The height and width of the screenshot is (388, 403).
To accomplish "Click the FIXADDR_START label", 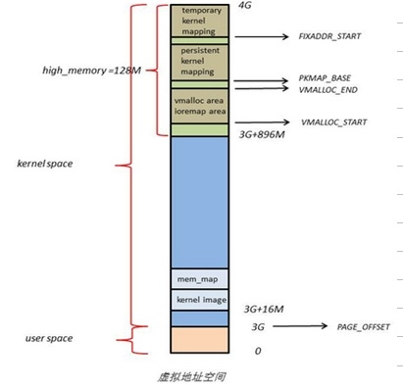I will coord(331,35).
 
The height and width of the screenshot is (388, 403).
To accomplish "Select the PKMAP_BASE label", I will coord(326,77).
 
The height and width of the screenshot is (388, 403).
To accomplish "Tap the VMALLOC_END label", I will coord(328,88).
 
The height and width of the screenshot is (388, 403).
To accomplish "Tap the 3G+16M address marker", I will coord(261,308).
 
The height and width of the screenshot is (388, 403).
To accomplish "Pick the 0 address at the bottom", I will coord(257,351).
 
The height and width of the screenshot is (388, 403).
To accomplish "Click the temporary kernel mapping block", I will coord(199,20).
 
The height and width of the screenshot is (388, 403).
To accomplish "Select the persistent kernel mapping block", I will coord(199,61).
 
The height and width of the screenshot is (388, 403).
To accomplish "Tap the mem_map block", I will coord(199,278).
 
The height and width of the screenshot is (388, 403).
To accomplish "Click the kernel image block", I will coord(199,299).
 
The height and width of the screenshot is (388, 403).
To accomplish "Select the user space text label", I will coord(49,338).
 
